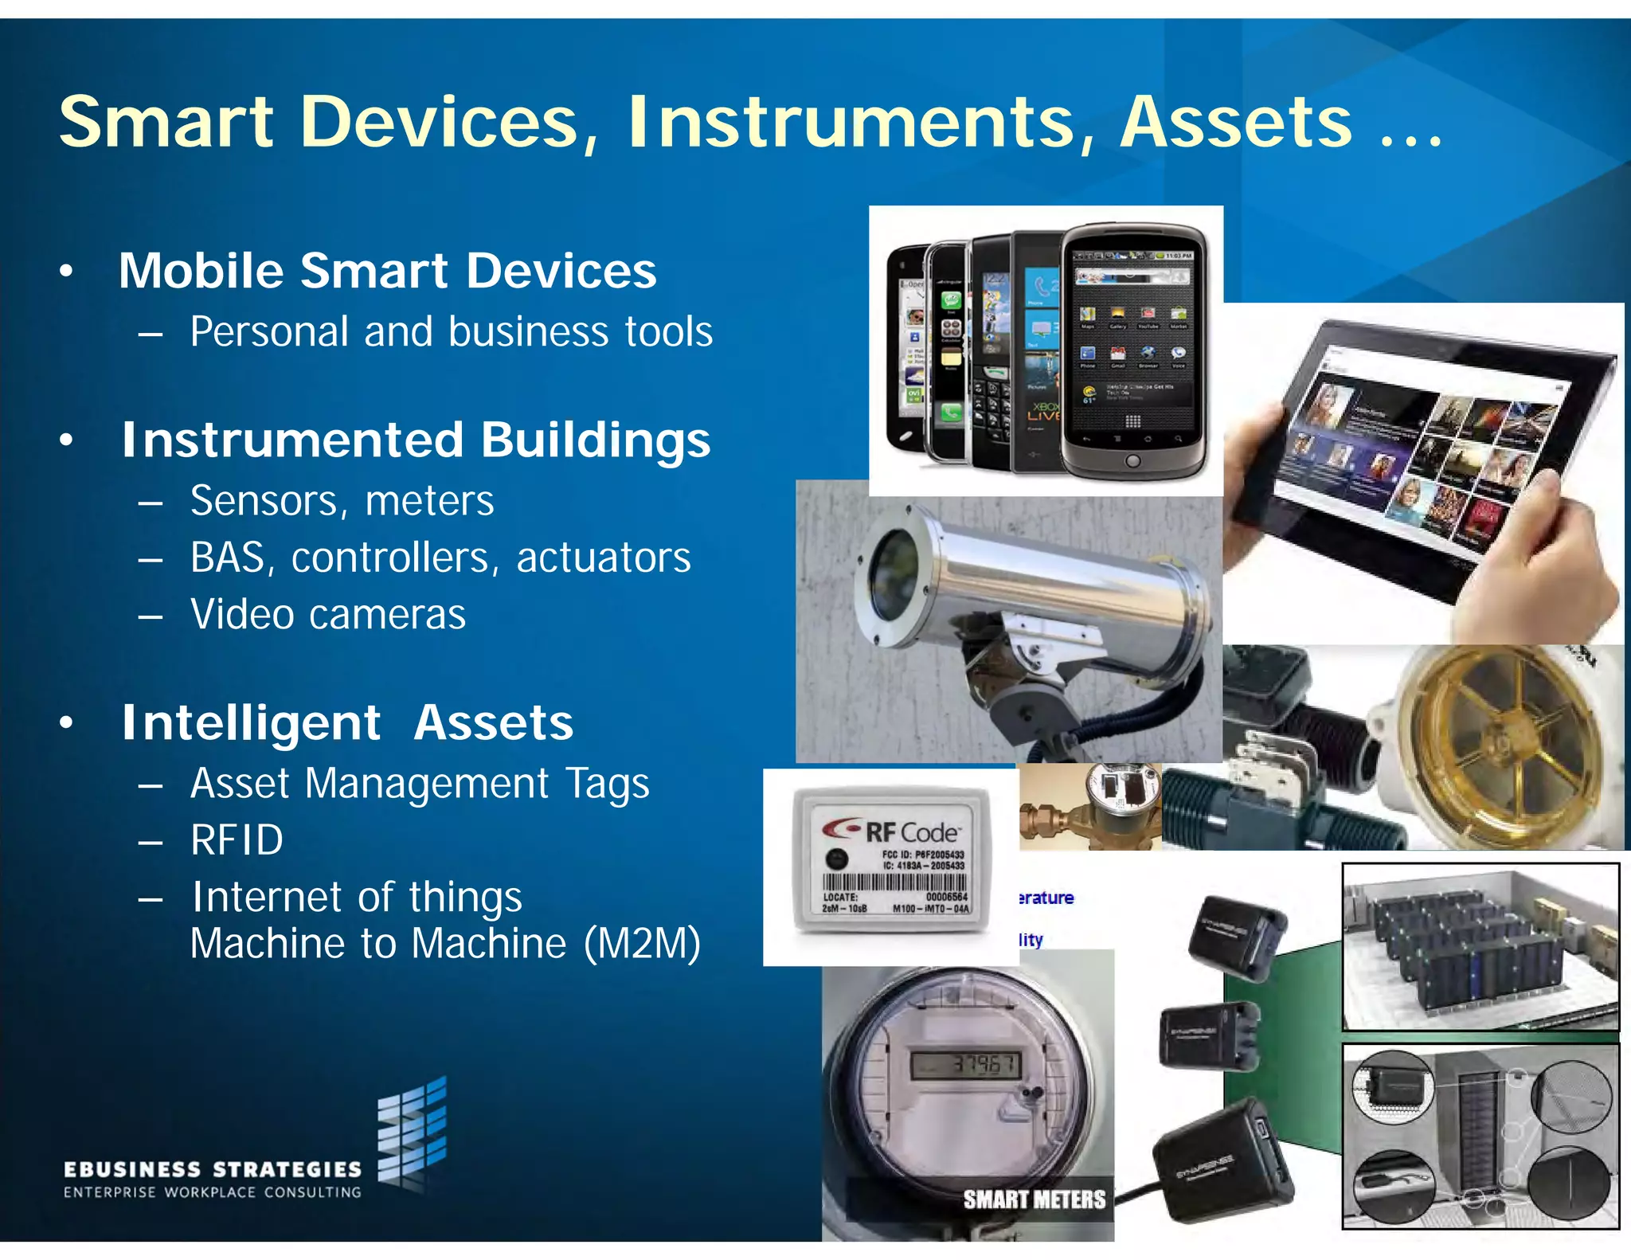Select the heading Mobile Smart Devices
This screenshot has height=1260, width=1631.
[387, 271]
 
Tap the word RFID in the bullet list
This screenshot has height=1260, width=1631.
[237, 840]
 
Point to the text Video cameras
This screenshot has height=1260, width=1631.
[327, 615]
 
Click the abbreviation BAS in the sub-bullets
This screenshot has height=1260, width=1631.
[227, 558]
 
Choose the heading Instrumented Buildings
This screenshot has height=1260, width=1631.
[415, 440]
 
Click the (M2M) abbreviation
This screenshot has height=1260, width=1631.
[642, 944]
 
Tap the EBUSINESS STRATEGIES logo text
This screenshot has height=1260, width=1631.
[212, 1169]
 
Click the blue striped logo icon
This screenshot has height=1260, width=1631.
[412, 1131]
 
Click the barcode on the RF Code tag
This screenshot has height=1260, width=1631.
[894, 882]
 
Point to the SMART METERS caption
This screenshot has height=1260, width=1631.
[1034, 1199]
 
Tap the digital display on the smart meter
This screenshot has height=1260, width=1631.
[965, 1064]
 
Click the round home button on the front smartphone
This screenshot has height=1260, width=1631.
[1132, 461]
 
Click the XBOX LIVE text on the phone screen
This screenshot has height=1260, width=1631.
[1044, 411]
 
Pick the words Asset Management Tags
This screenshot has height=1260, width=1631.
[420, 784]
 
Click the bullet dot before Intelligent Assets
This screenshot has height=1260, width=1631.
[67, 722]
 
